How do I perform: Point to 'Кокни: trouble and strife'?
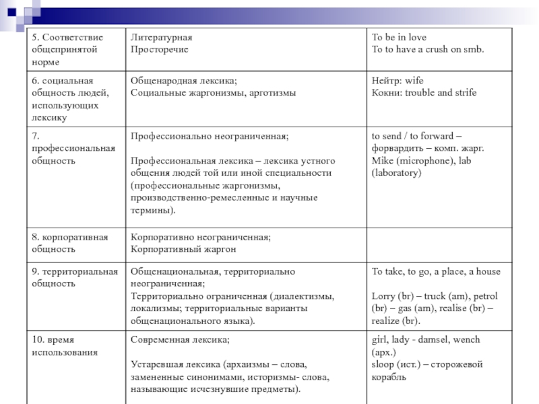(x=424, y=93)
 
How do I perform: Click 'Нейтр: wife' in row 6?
(x=398, y=81)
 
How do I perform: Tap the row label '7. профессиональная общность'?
(x=73, y=148)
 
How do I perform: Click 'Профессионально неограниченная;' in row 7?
(x=210, y=136)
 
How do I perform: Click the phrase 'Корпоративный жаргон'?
(x=183, y=250)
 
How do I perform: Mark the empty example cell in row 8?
(x=435, y=244)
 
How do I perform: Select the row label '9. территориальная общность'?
(x=74, y=277)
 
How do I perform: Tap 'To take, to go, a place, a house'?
(x=436, y=271)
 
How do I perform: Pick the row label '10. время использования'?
(x=64, y=346)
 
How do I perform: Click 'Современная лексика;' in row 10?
(x=180, y=340)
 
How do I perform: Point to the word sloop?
(x=383, y=365)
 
